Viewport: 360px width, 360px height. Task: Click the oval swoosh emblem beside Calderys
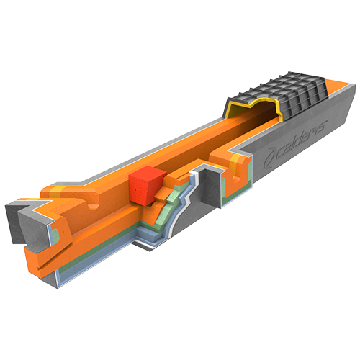(x=271, y=157)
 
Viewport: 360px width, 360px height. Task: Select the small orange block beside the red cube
(x=164, y=193)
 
